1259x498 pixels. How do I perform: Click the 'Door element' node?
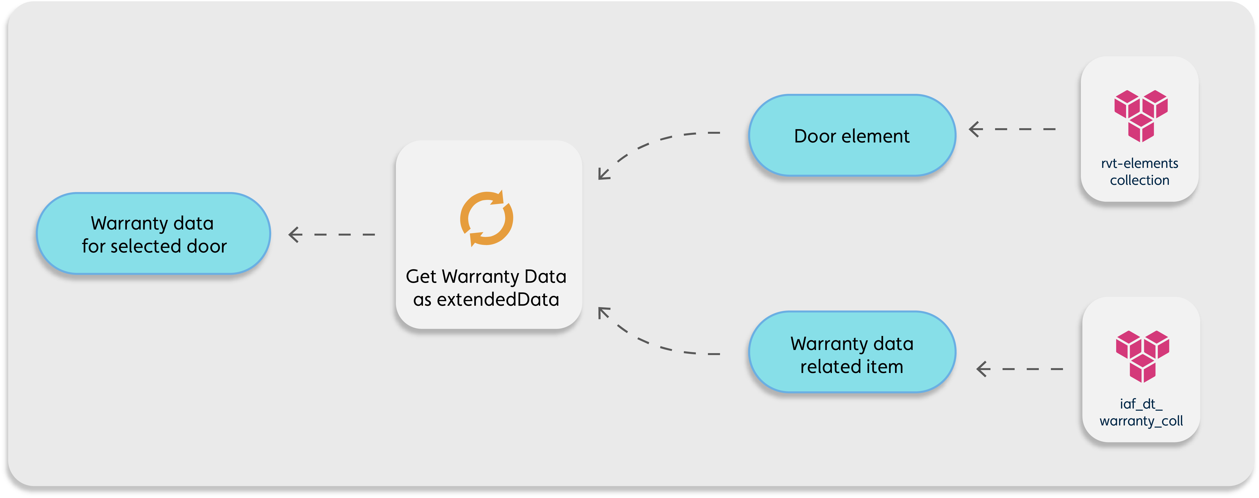tap(852, 135)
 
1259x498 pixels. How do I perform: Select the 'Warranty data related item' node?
tap(852, 352)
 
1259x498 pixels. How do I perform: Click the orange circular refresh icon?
tap(486, 218)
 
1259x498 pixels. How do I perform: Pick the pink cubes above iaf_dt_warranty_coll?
tap(1142, 356)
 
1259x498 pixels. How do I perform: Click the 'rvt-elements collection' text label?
tap(1139, 172)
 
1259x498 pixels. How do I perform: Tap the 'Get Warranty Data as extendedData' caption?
tap(486, 288)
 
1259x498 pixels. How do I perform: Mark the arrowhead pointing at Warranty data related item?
tap(983, 369)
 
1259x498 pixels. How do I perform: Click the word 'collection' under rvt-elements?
tap(1139, 180)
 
